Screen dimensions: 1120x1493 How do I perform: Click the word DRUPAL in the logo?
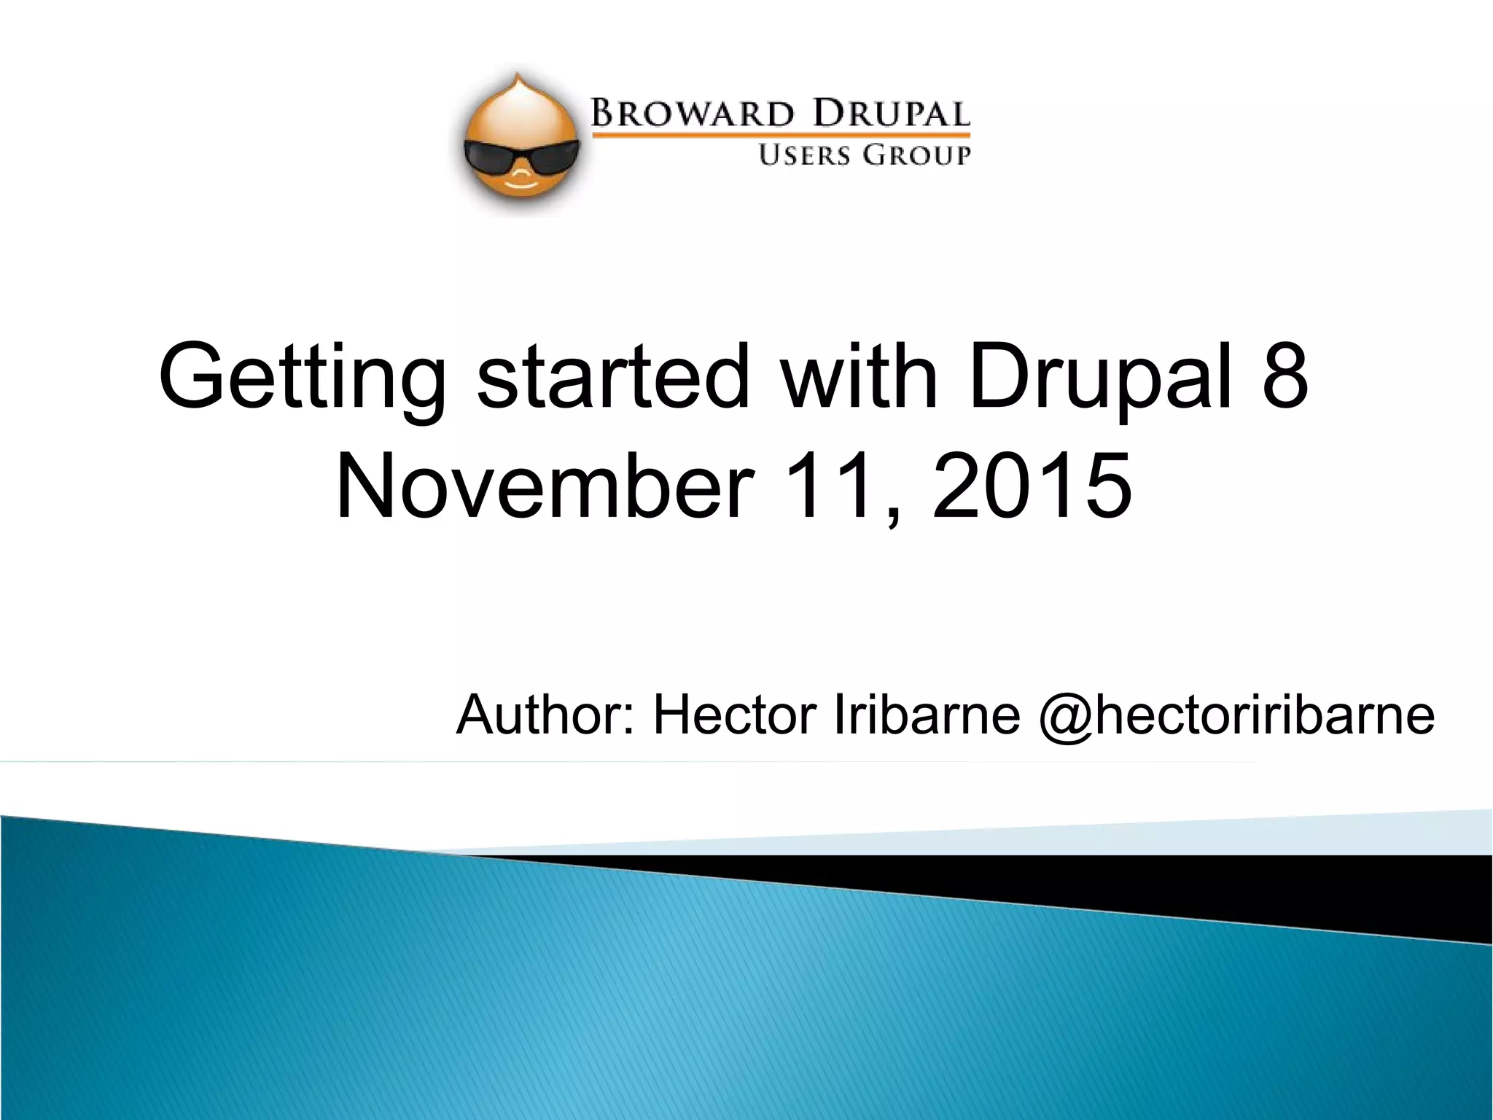pyautogui.click(x=891, y=114)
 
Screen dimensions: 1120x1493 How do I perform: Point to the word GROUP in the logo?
pyautogui.click(x=916, y=155)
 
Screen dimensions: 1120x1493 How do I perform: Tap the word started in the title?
pyautogui.click(x=613, y=376)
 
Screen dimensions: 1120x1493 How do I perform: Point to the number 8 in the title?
pyautogui.click(x=1285, y=376)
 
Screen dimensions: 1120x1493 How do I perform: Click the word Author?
pyautogui.click(x=547, y=715)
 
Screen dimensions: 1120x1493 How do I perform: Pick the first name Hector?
pyautogui.click(x=734, y=715)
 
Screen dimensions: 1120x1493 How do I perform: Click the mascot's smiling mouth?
pyautogui.click(x=521, y=185)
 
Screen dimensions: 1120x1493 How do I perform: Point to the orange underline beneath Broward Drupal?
pyautogui.click(x=780, y=135)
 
